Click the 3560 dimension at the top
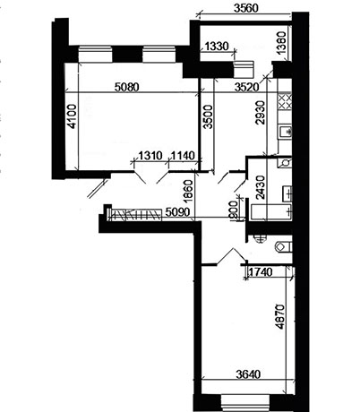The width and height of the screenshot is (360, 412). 245,8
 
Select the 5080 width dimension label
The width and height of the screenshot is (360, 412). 127,87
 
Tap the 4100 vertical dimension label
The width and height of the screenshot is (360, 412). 72,116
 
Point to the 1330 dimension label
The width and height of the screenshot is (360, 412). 217,47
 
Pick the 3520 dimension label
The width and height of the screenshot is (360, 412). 246,87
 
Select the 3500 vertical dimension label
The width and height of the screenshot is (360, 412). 208,116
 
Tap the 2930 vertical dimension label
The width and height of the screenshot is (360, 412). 260,113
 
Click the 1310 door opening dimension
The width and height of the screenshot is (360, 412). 150,156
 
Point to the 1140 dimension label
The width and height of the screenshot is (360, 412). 183,156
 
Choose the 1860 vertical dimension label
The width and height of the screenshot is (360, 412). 188,192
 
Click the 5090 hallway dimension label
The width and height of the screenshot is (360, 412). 177,212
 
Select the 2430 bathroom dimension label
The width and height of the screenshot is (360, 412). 261,187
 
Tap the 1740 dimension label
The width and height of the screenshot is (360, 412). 261,272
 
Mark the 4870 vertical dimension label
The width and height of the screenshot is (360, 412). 279,316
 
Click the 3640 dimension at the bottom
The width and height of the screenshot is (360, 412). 248,374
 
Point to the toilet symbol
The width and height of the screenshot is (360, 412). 283,246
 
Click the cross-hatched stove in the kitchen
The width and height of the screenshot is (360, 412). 285,101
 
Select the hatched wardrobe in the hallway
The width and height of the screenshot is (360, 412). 136,214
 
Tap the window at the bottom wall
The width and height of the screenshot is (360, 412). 245,403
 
